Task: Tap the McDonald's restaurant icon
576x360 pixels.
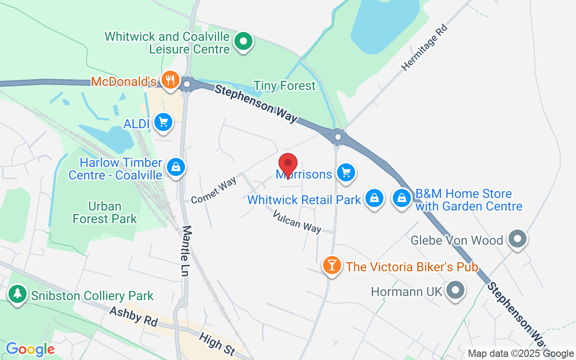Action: point(170,81)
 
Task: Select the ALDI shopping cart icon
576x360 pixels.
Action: point(163,122)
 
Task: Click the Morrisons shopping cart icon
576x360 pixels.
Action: point(346,173)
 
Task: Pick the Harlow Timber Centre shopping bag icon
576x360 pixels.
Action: point(175,167)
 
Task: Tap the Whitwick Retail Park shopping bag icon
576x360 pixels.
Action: point(373,198)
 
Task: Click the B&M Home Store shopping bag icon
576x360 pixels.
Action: point(402,198)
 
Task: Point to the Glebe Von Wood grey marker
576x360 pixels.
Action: point(517,239)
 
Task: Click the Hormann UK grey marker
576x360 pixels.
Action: point(455,290)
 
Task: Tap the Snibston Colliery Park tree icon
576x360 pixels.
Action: point(18,294)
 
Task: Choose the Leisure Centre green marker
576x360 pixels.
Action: point(243,42)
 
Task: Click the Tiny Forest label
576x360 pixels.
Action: point(284,85)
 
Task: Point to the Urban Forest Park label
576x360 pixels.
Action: point(105,212)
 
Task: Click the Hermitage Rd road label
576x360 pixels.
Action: point(425,48)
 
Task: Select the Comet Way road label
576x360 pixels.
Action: point(213,190)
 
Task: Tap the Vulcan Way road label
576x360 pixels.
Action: point(297,221)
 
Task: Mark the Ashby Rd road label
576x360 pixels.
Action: point(134,316)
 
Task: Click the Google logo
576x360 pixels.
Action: point(30,349)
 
